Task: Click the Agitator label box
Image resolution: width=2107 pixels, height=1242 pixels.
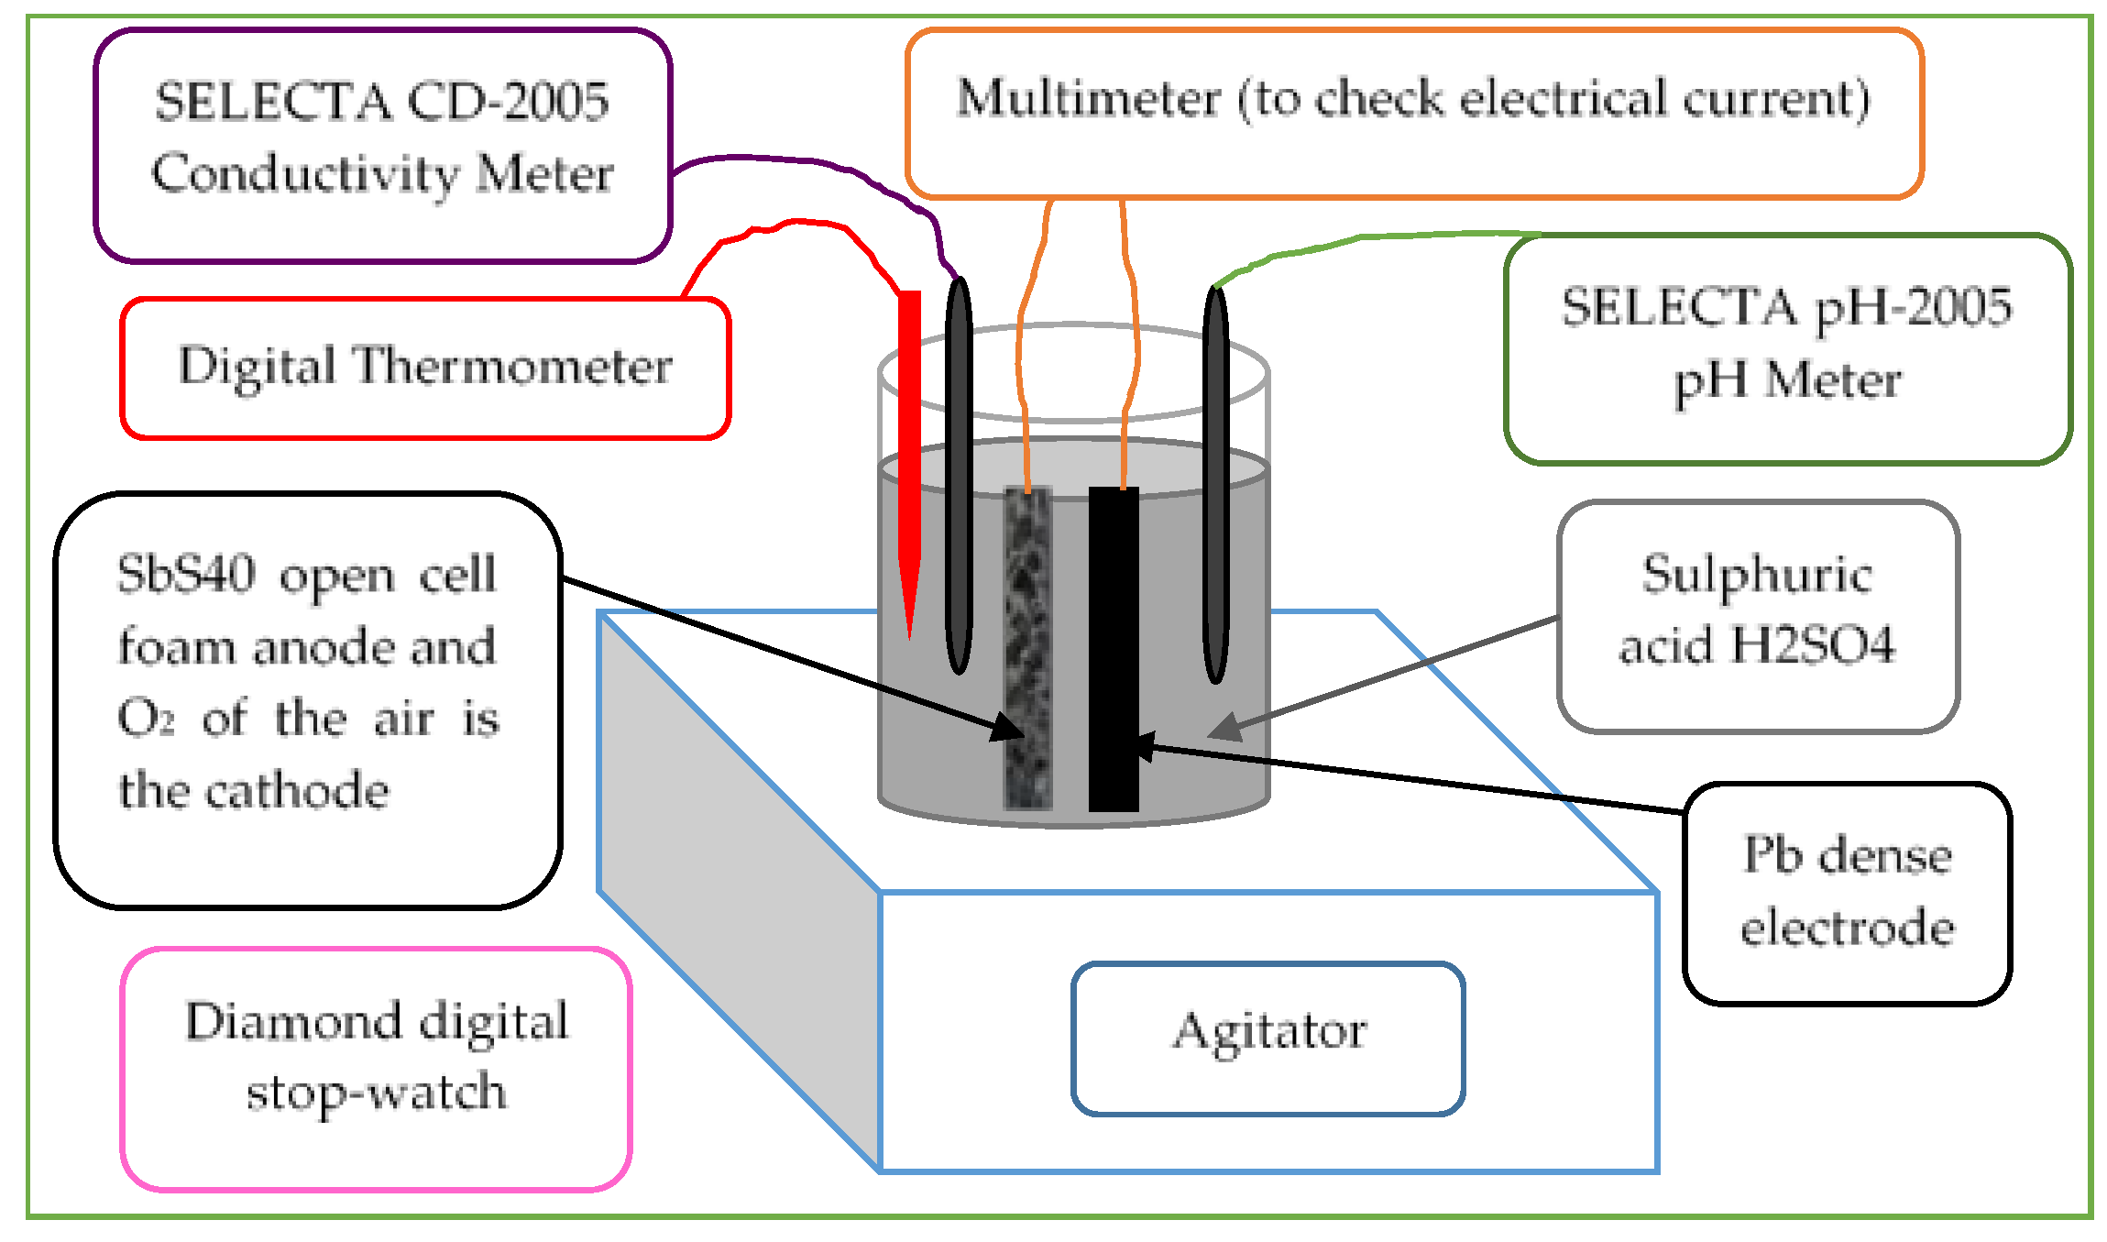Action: (x=1267, y=1038)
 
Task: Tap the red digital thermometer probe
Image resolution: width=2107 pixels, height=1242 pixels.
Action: (x=908, y=458)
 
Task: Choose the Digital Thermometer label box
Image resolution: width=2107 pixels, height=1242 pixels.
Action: (x=425, y=368)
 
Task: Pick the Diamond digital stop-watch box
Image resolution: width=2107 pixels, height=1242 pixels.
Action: (x=376, y=1068)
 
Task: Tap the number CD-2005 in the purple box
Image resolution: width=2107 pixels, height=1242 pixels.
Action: (x=508, y=101)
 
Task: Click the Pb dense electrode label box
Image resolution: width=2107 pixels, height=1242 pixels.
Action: (x=1847, y=893)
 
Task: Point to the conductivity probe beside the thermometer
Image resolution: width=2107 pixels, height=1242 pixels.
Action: (x=958, y=477)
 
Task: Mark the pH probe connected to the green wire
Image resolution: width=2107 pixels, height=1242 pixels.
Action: (x=1215, y=486)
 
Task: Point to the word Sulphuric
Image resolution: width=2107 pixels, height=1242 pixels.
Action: (x=1756, y=576)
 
